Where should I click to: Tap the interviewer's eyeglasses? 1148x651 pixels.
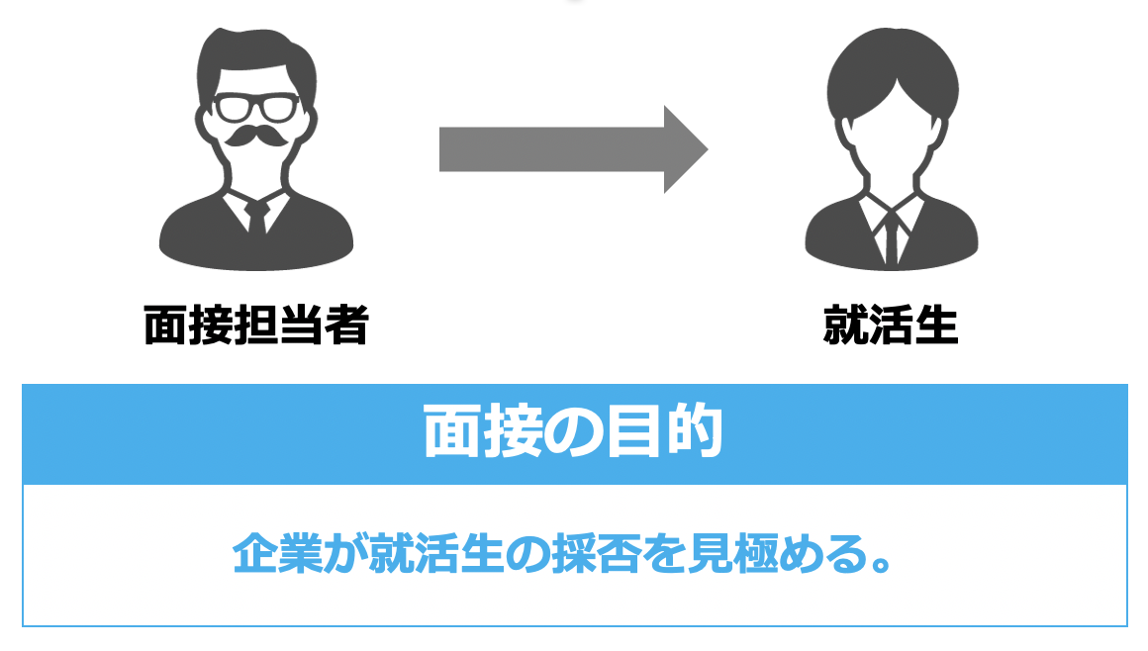click(x=256, y=105)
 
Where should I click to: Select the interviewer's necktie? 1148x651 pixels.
click(x=257, y=217)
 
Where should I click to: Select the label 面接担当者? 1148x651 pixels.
click(x=256, y=325)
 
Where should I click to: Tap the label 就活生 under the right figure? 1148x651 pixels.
click(x=891, y=325)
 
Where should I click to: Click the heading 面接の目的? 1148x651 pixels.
click(x=574, y=432)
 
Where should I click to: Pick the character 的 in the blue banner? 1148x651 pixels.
click(x=692, y=432)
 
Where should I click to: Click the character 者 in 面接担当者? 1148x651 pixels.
click(x=345, y=325)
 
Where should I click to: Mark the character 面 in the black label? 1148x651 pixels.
click(x=165, y=325)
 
